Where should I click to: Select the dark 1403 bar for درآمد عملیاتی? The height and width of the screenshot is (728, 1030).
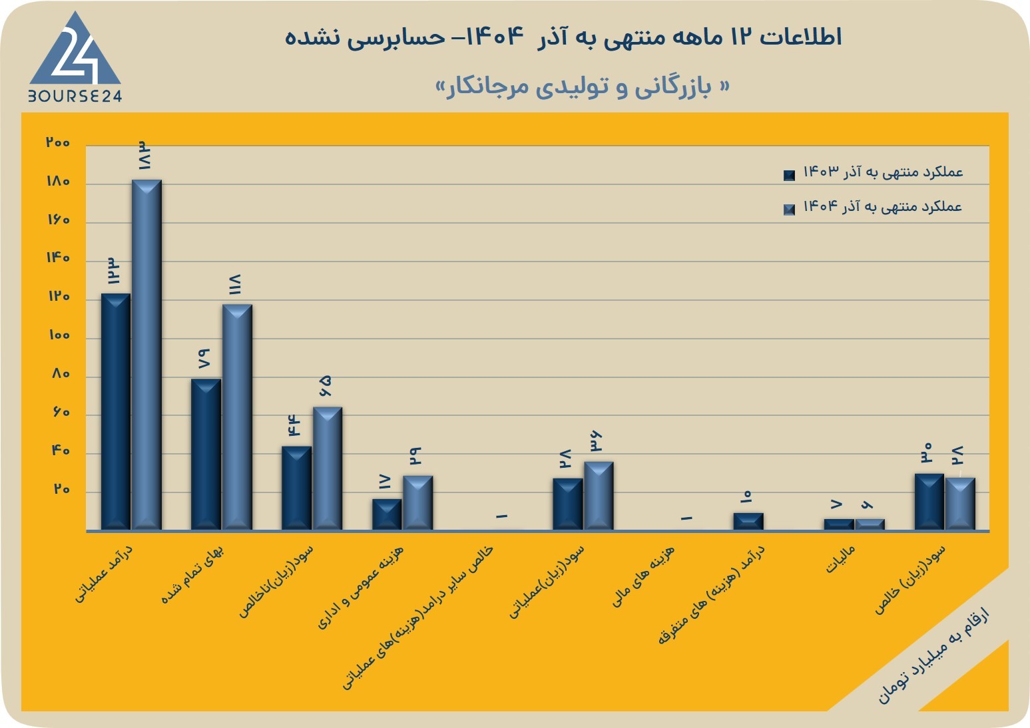[115, 412]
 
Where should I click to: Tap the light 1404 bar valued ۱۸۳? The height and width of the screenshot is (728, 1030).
[146, 355]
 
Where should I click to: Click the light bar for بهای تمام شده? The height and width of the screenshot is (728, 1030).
[237, 417]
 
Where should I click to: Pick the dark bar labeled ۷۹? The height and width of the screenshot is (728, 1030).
[206, 455]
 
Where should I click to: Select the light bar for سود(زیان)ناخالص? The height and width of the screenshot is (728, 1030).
[328, 468]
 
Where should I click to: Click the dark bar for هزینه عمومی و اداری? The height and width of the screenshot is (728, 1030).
[387, 515]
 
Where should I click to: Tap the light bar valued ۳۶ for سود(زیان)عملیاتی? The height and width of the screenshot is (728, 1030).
[599, 496]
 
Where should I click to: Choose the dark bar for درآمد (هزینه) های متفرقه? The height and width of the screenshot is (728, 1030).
[748, 522]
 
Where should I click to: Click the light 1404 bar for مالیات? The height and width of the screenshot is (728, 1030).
[870, 525]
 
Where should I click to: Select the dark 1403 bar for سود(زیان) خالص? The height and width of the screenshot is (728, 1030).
[929, 502]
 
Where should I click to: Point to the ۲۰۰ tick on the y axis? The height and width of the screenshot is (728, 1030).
[58, 142]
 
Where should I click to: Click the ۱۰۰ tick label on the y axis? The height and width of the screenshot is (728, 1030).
[59, 335]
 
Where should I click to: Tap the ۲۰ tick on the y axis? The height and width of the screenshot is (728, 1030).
[62, 489]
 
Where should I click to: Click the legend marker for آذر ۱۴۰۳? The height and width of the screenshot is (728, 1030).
[789, 175]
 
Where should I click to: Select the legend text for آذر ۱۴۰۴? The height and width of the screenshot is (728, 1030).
[883, 206]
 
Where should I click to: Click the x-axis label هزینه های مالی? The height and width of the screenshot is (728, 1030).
[643, 576]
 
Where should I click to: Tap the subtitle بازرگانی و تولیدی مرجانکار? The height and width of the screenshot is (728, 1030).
[583, 87]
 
